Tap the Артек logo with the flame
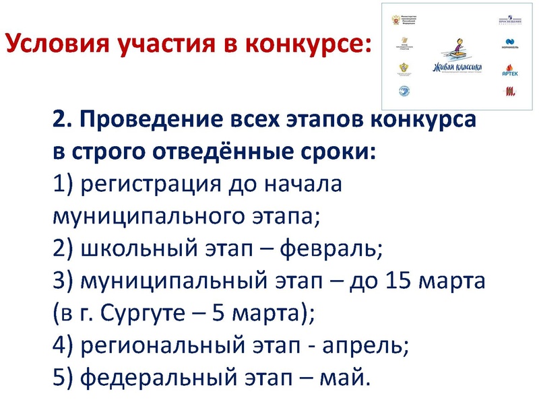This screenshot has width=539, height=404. pos(510,69)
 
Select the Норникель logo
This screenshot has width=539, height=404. pos(510,46)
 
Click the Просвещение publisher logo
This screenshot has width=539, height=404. pos(510,21)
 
